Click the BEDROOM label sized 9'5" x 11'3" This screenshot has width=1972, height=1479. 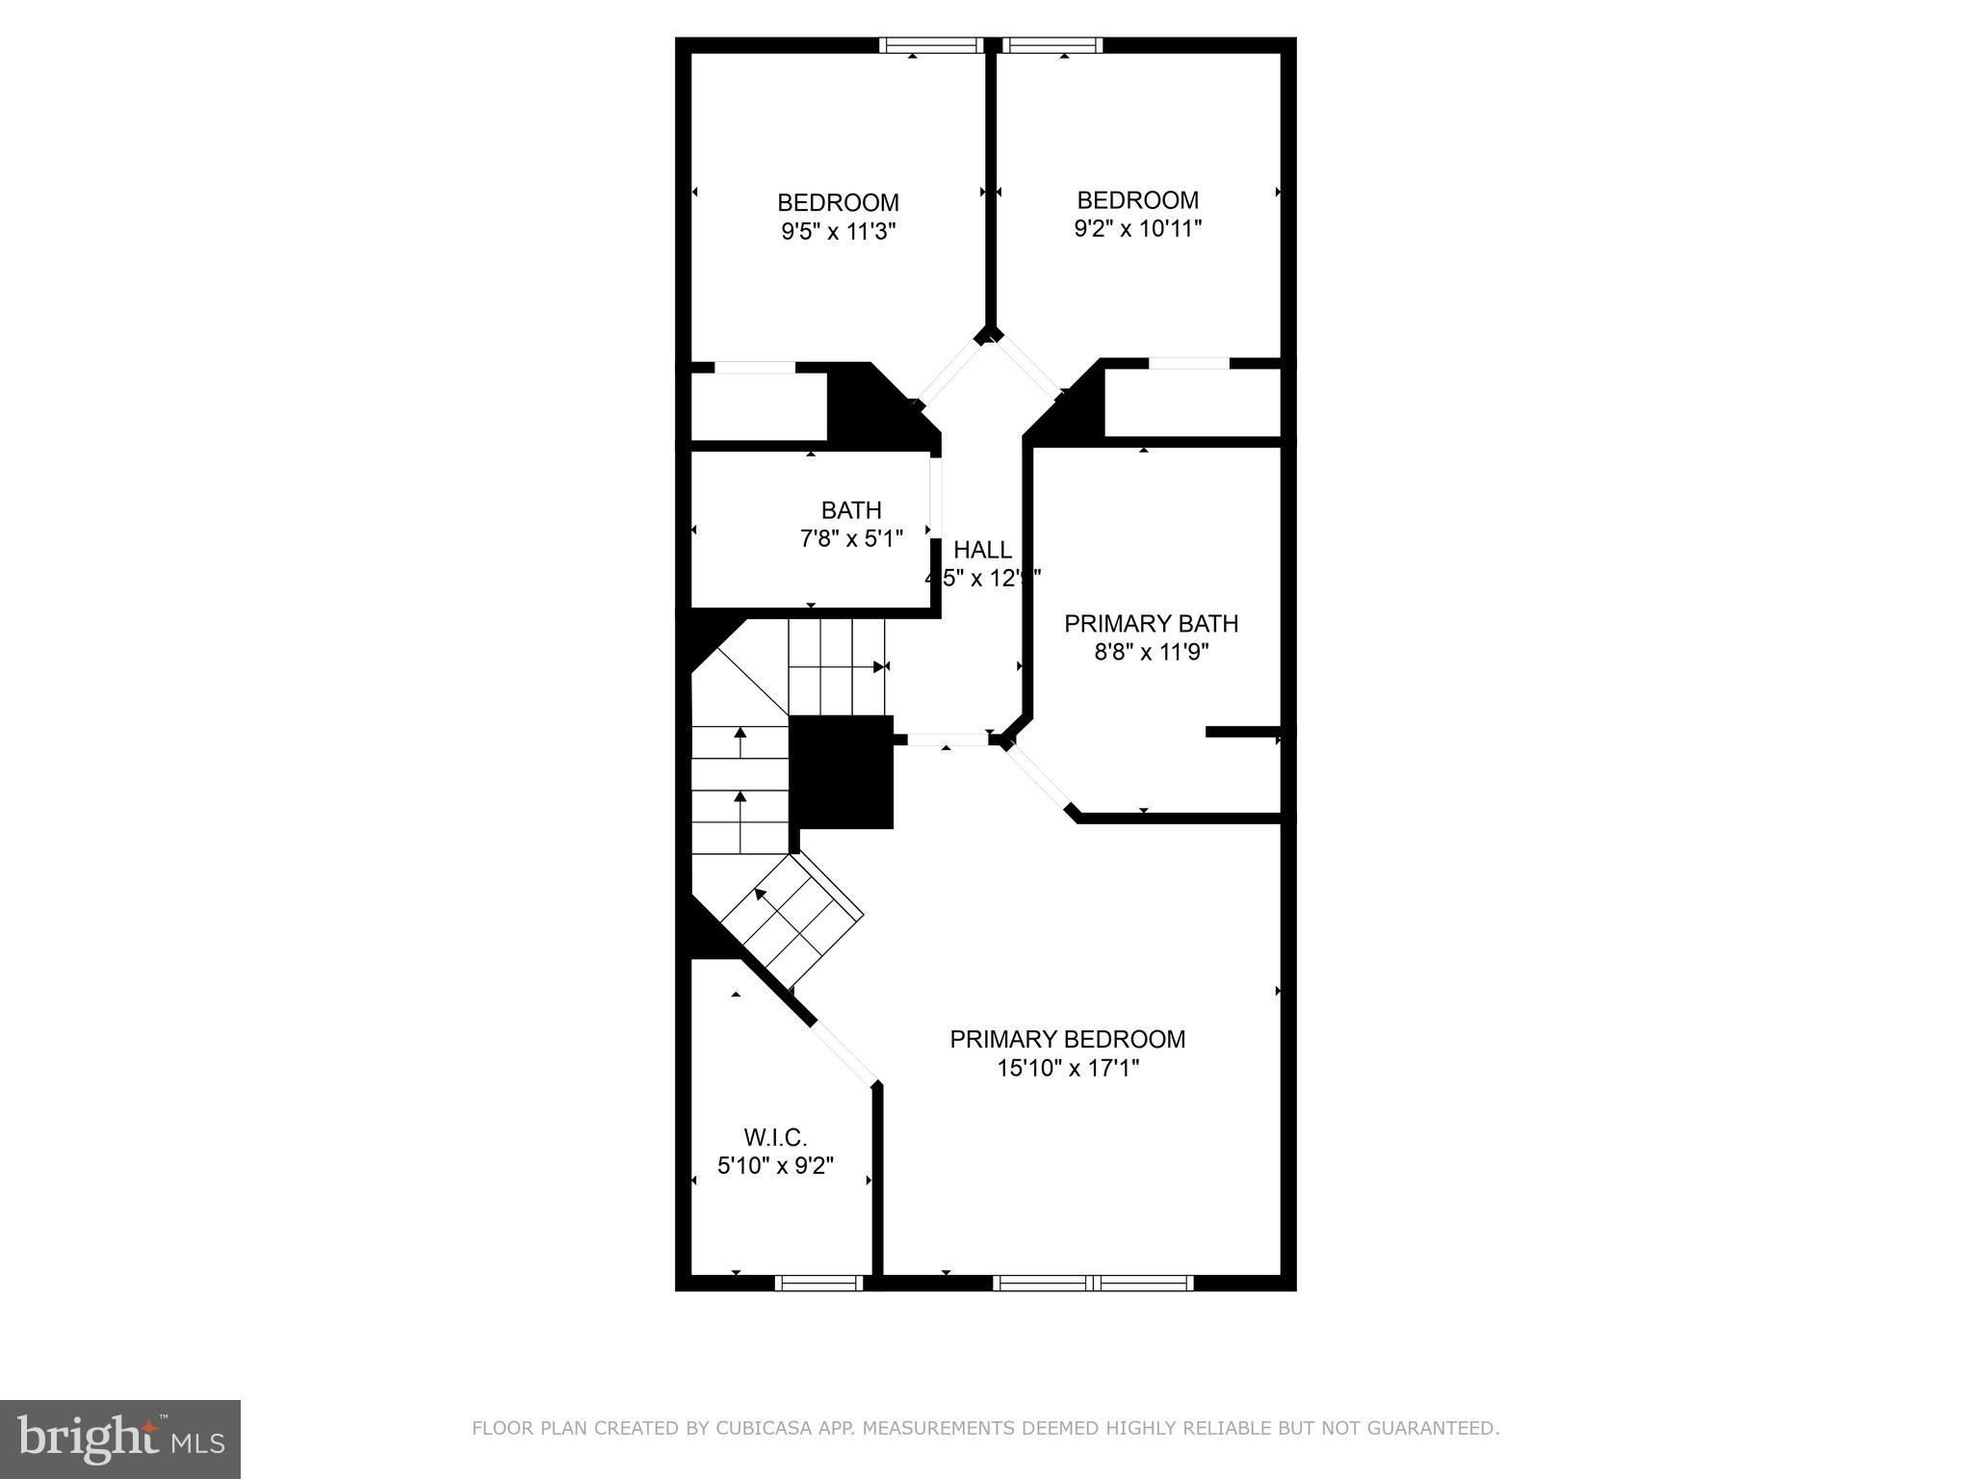(838, 203)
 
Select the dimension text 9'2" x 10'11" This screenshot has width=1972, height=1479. (1137, 229)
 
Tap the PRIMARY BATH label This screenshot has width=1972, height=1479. (1151, 624)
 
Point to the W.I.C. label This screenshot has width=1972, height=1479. (775, 1138)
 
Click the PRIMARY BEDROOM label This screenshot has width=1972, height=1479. (1067, 1040)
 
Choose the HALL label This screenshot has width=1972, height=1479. (982, 550)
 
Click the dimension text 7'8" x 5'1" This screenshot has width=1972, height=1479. (851, 538)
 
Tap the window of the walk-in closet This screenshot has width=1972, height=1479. (818, 1283)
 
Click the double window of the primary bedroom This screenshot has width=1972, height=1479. (1093, 1283)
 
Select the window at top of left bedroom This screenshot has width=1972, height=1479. (930, 45)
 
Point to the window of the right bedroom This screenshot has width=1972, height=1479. (1051, 45)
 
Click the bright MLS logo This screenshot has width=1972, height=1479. (120, 1439)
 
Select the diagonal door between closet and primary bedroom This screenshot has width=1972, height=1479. (844, 1052)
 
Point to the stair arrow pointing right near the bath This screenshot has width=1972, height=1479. (878, 666)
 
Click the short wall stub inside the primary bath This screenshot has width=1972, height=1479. (1242, 732)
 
